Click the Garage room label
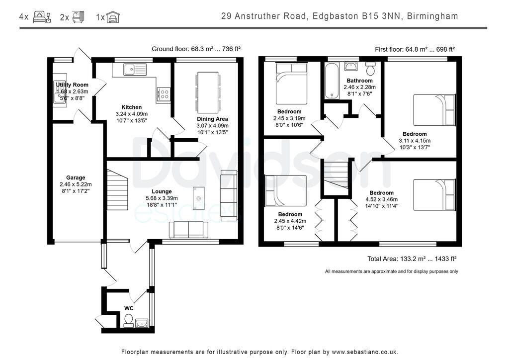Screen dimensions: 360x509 click(76, 178)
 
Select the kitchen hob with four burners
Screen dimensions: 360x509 click(164, 94)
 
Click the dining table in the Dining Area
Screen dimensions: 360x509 click(208, 92)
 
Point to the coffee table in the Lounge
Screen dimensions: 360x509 click(198, 198)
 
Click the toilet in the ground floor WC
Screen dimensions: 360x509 click(128, 320)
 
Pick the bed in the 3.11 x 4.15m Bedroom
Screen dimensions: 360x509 click(434, 109)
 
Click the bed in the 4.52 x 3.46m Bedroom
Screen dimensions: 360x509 click(434, 195)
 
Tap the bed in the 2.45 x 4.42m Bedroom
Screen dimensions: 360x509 click(285, 190)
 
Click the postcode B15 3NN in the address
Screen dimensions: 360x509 click(381, 16)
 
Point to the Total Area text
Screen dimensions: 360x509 click(411, 259)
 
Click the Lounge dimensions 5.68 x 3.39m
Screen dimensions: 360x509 click(162, 198)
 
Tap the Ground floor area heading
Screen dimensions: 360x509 click(196, 49)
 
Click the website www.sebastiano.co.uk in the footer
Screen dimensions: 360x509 click(364, 352)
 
